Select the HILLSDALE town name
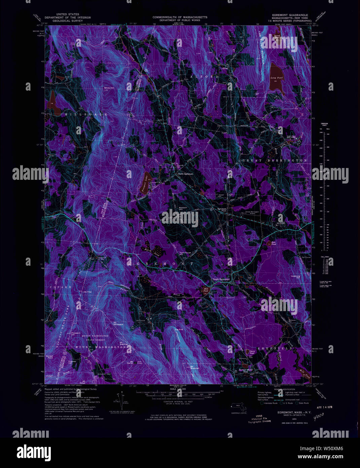coord(85,114)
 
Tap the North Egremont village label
coord(185,174)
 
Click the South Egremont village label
coord(221,279)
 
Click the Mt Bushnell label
coord(195,367)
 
